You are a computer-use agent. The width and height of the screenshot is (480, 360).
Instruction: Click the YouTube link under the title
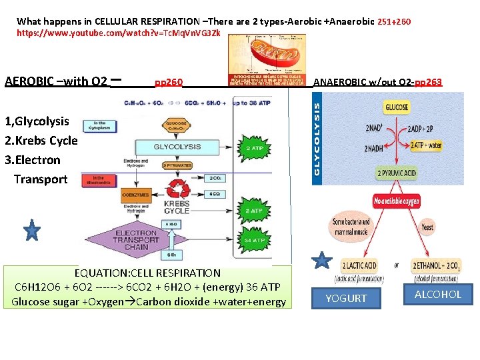coord(119,33)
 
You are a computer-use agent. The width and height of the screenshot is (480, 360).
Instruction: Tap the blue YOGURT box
coord(346,298)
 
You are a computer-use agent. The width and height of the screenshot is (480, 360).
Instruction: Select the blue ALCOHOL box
coord(437,294)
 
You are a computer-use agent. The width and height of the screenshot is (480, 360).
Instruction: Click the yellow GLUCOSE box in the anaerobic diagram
coord(396,108)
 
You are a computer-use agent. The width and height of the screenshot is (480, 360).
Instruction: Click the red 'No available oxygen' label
coord(396,201)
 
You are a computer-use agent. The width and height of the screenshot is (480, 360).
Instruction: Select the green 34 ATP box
coord(255,240)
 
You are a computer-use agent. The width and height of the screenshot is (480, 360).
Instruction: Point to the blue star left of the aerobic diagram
coord(32,231)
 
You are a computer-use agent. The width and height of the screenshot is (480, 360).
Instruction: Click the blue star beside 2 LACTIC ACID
coord(322,260)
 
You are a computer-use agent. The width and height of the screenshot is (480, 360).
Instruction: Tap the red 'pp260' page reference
coord(169,83)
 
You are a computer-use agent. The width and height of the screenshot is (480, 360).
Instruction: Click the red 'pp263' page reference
coord(428,82)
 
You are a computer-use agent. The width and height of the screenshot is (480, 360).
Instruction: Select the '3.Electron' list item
coord(33,160)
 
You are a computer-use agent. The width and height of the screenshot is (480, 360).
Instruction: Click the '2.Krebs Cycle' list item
coord(41,141)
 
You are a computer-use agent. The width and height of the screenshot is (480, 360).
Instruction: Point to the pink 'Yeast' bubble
coord(427,227)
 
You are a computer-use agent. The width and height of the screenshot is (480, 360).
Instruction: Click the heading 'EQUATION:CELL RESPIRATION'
coord(147,273)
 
